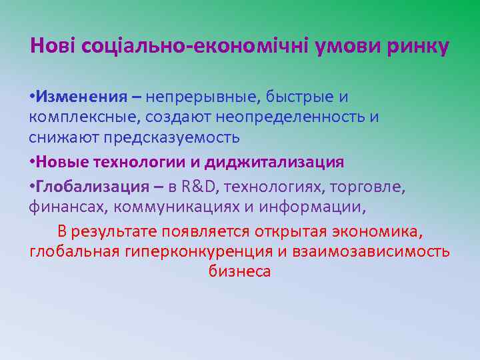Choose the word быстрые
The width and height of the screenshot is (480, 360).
pyautogui.click(x=298, y=97)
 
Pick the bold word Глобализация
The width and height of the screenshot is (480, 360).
pyautogui.click(x=93, y=186)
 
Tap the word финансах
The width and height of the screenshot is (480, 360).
pyautogui.click(x=69, y=207)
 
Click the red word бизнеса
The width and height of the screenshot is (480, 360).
pyautogui.click(x=239, y=271)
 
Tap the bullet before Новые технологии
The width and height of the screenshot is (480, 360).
pyautogui.click(x=32, y=162)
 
